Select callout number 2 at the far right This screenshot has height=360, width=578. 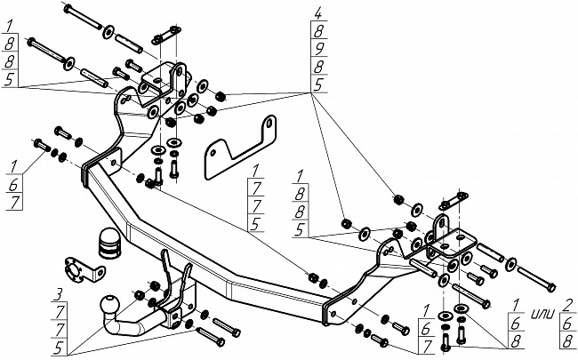point(567,305)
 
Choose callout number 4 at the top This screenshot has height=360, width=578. point(317,12)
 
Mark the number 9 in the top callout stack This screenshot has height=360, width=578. point(317,49)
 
